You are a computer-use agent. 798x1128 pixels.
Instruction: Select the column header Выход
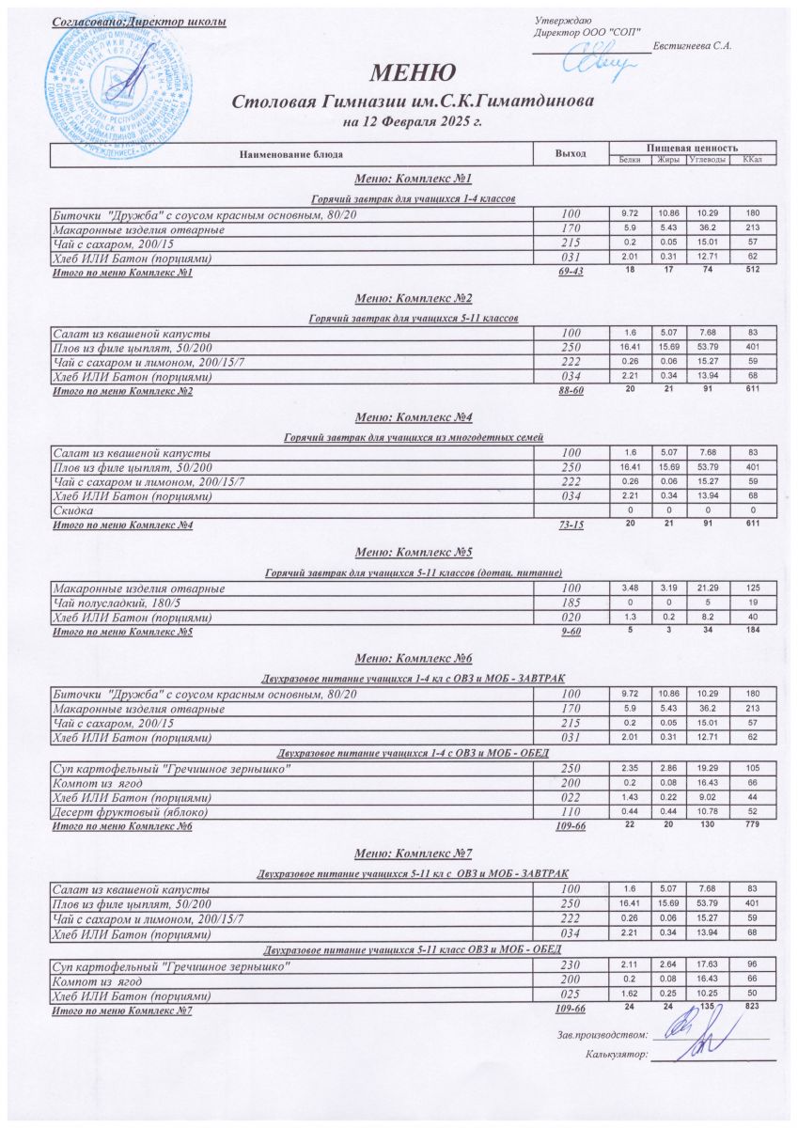pyautogui.click(x=571, y=153)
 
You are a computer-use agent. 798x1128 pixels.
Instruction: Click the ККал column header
pyautogui.click(x=752, y=161)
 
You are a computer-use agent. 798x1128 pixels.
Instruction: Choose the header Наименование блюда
pyautogui.click(x=290, y=153)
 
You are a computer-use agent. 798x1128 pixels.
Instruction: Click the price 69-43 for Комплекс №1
pyautogui.click(x=571, y=274)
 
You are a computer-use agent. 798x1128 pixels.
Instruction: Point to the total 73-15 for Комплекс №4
pyautogui.click(x=571, y=525)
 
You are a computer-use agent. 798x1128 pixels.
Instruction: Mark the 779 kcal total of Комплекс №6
pyautogui.click(x=752, y=825)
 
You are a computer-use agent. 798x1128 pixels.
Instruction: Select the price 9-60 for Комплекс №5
pyautogui.click(x=571, y=634)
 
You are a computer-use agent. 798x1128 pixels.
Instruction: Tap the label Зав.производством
pyautogui.click(x=602, y=1035)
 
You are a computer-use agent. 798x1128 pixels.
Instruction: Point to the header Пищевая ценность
pyautogui.click(x=692, y=149)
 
